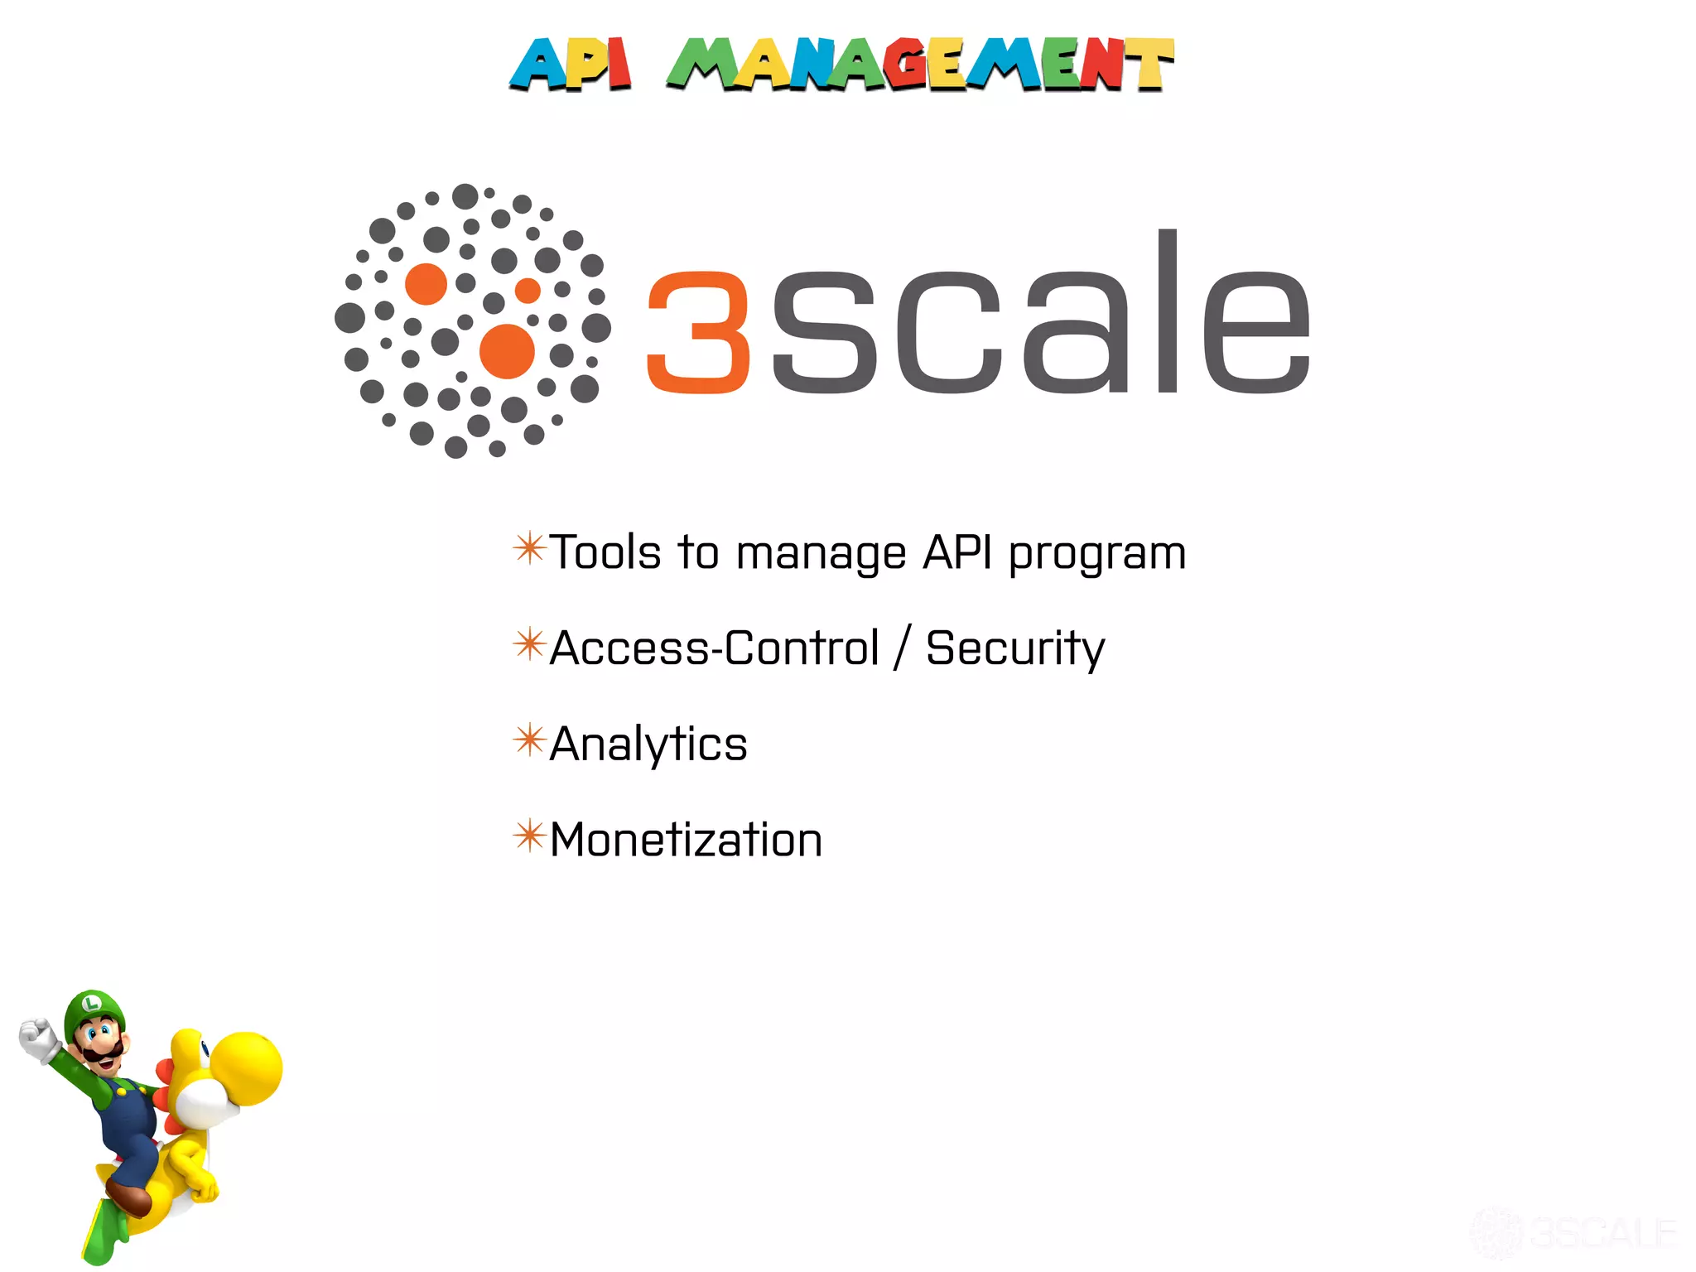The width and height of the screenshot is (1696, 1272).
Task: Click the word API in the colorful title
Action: (x=571, y=64)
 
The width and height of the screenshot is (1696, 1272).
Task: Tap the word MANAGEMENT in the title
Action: (x=920, y=64)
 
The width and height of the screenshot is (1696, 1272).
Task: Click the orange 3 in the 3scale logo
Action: (x=699, y=332)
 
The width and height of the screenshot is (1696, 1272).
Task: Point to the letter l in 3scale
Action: (x=1168, y=311)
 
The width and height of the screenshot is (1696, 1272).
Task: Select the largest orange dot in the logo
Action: (x=507, y=351)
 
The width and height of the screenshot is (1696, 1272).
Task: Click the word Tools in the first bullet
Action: (x=605, y=552)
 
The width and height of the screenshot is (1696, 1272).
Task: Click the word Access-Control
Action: (x=714, y=648)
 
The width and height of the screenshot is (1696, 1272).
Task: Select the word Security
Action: (x=1015, y=649)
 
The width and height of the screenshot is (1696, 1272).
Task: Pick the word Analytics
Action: (x=648, y=744)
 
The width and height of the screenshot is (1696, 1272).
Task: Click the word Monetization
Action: (x=686, y=840)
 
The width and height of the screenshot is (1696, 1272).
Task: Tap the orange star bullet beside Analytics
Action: (x=529, y=740)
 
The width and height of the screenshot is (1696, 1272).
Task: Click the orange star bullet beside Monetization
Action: (x=529, y=836)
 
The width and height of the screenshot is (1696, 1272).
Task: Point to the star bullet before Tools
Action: (x=529, y=548)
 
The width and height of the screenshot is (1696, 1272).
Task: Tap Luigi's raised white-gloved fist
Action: (x=37, y=1039)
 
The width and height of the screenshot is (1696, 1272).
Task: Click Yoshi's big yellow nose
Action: (x=246, y=1068)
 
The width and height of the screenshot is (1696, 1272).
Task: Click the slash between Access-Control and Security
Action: (x=903, y=648)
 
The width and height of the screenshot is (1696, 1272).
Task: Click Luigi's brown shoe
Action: (x=129, y=1199)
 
